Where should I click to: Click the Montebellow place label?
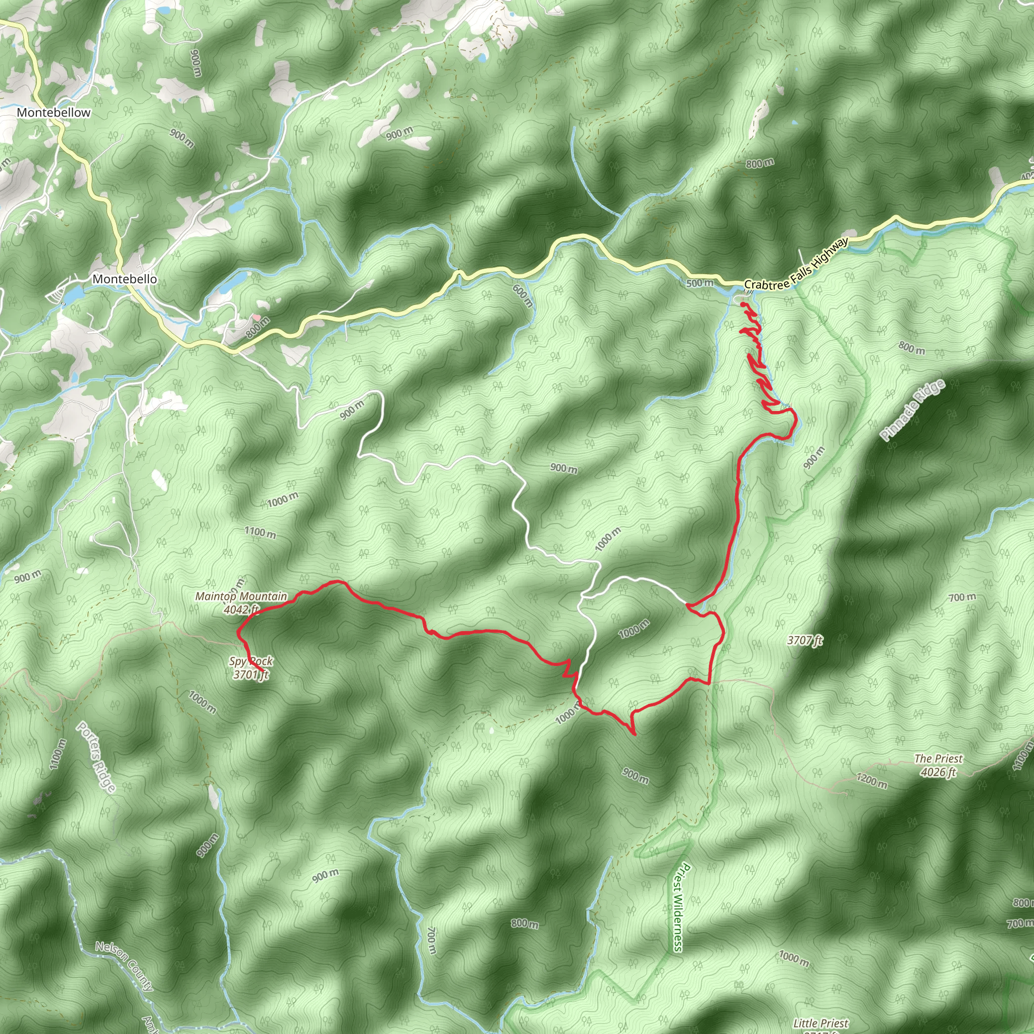(54, 113)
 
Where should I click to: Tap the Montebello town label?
(125, 279)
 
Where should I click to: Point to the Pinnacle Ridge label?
(913, 410)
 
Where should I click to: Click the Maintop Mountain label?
(241, 596)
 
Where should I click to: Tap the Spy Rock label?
(251, 661)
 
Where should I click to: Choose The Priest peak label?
(938, 758)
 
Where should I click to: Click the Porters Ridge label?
(96, 757)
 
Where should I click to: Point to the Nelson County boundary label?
(124, 966)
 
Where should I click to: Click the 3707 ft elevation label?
(804, 640)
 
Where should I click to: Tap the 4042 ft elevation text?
(242, 609)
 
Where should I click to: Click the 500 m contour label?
(699, 283)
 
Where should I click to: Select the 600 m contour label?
(523, 295)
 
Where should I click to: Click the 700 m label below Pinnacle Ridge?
(962, 597)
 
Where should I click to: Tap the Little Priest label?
(820, 1024)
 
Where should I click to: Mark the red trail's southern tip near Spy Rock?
(261, 671)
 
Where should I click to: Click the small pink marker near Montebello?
(256, 318)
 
